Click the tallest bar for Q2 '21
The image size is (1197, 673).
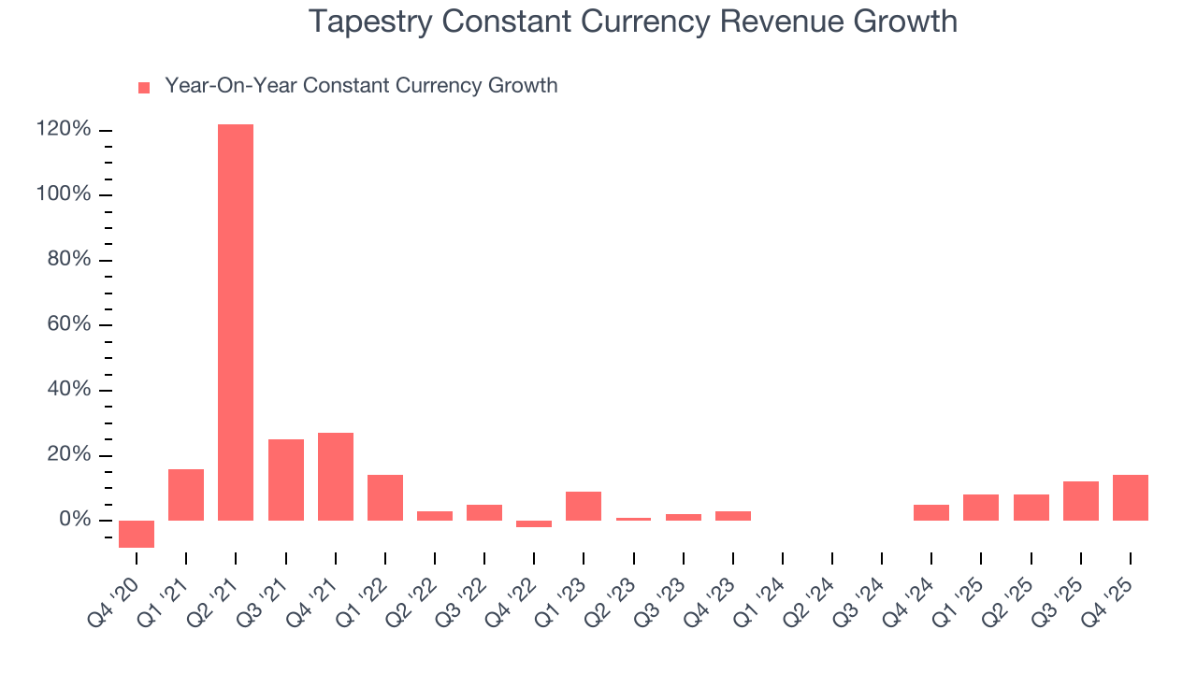click(236, 322)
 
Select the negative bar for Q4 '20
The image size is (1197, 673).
click(137, 534)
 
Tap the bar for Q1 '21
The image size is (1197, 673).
click(186, 494)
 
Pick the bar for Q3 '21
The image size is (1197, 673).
click(286, 480)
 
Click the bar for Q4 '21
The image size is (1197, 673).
click(336, 477)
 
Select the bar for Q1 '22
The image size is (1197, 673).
click(385, 497)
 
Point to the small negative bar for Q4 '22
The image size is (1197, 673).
click(534, 524)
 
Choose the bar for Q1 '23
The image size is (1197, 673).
click(584, 506)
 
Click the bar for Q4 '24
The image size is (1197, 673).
click(931, 512)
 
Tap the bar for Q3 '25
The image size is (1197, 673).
click(1081, 501)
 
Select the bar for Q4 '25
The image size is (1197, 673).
click(1131, 497)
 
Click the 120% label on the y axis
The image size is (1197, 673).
click(65, 129)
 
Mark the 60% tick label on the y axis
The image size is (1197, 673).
click(69, 324)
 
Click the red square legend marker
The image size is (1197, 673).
click(144, 88)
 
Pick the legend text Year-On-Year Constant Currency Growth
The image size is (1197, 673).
click(361, 86)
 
